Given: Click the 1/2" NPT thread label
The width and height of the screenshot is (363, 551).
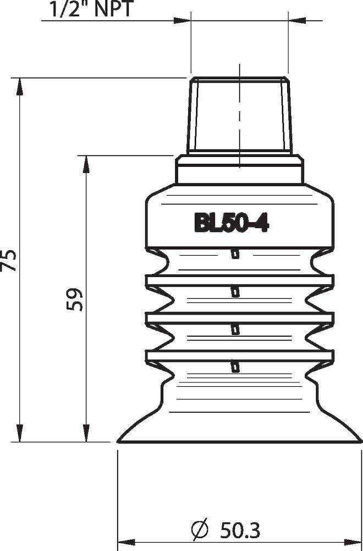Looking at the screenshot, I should (x=91, y=9).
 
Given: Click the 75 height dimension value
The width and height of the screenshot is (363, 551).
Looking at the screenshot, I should (x=9, y=260).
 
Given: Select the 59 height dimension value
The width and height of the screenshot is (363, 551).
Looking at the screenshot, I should (x=75, y=299).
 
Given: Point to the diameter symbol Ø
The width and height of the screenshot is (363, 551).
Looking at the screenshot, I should (x=200, y=530).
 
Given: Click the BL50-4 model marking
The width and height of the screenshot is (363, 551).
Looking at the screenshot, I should (x=230, y=223).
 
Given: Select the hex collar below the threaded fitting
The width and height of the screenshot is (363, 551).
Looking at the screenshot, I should (x=239, y=169).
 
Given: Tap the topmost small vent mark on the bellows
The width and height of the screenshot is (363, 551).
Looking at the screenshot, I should (x=235, y=254).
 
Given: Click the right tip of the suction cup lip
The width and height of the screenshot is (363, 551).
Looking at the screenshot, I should (x=360, y=441).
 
